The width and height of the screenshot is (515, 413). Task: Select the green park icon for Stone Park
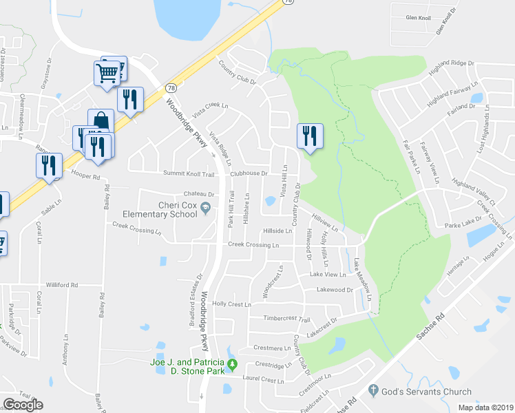click(x=232, y=363)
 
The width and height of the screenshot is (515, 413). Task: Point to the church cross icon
click(x=374, y=390)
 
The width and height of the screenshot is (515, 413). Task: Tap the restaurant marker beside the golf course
click(x=310, y=136)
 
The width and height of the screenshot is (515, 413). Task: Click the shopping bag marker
click(x=101, y=121)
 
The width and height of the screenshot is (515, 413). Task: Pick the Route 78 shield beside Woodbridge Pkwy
click(x=171, y=88)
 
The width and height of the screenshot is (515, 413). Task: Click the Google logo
click(x=23, y=405)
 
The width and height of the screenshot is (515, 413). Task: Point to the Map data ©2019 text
click(x=485, y=407)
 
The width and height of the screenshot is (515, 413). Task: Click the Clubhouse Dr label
click(x=248, y=173)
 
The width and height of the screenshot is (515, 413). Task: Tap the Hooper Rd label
click(x=85, y=177)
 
